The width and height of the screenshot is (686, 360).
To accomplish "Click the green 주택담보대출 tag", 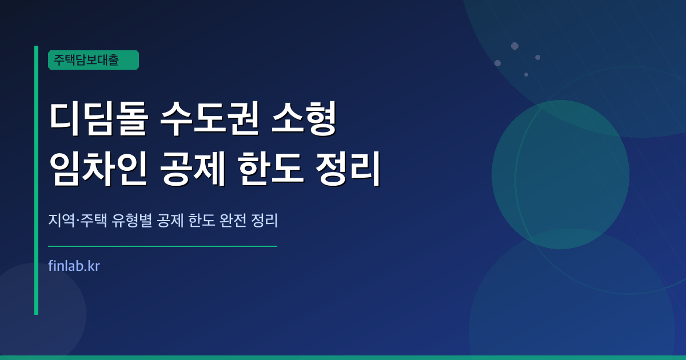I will point(93,60).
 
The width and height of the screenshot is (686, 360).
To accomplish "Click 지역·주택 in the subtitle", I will point(77,221).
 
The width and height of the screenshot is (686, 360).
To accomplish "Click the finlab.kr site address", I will point(75,266).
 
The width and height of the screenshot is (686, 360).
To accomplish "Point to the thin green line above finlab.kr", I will point(163,246).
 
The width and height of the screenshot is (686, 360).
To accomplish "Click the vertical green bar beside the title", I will point(36,180).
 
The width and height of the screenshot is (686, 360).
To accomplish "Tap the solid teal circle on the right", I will point(560,174).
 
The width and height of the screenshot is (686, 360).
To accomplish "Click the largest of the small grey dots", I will point(514,46).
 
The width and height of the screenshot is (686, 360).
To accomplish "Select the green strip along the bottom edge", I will point(343,357).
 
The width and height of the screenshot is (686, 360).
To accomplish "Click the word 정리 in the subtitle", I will point(264,221).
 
